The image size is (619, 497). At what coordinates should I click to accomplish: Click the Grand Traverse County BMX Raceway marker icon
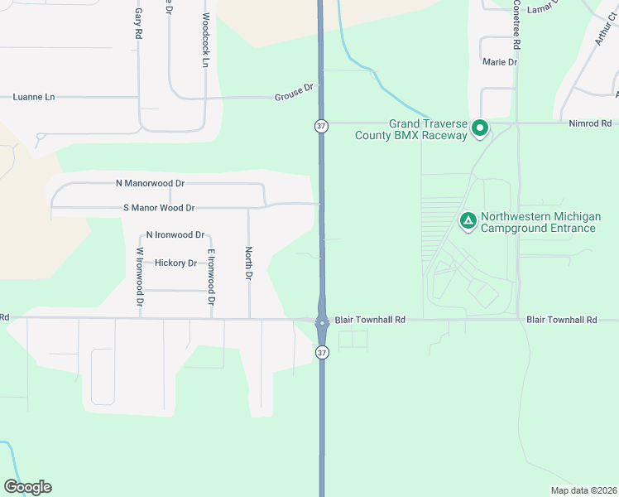click(x=479, y=128)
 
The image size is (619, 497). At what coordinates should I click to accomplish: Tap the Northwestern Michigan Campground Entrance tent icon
click(x=468, y=220)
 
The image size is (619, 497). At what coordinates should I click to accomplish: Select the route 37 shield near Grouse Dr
click(x=321, y=126)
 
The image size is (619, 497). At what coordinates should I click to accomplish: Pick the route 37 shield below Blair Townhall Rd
click(x=321, y=352)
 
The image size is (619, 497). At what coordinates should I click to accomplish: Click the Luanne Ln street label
click(x=34, y=97)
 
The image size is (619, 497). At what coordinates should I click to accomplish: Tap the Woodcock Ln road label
click(x=205, y=40)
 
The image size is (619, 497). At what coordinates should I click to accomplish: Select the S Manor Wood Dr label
click(x=159, y=208)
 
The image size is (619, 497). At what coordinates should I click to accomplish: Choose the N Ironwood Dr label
click(x=174, y=235)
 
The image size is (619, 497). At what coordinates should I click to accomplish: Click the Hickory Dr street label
click(x=176, y=263)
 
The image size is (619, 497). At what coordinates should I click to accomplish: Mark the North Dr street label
click(x=247, y=263)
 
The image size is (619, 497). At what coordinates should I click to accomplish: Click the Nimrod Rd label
click(x=590, y=123)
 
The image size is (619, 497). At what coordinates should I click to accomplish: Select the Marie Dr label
click(x=500, y=62)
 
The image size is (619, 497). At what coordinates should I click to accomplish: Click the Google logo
click(x=27, y=487)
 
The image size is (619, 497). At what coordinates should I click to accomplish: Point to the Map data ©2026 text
click(x=583, y=490)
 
